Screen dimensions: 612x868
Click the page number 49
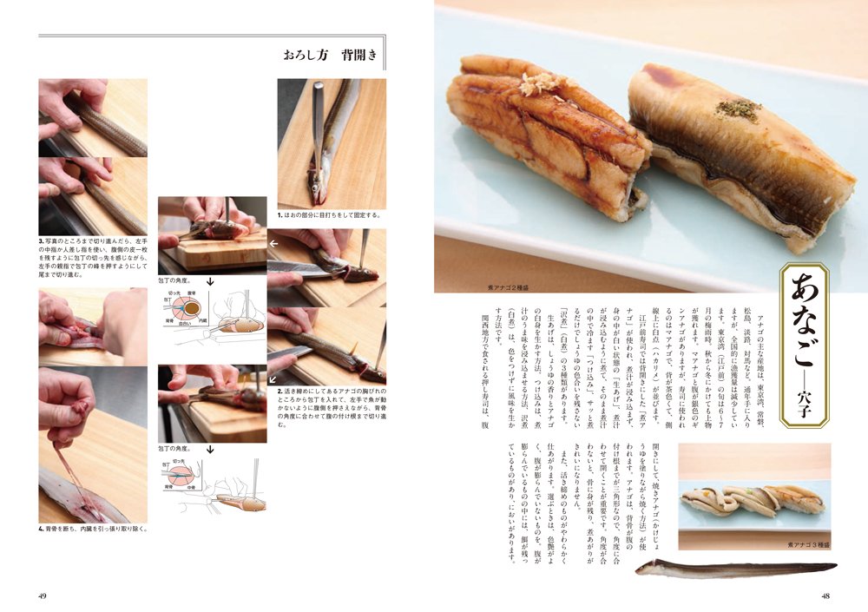click(43, 595)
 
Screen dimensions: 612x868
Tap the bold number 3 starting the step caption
click(41, 240)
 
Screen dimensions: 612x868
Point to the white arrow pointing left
click(274, 245)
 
